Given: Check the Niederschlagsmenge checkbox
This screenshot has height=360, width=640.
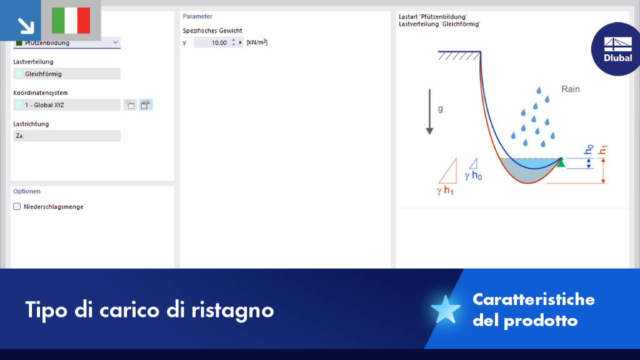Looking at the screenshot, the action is coord(17,206).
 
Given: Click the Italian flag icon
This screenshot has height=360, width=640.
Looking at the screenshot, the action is coord(71,21).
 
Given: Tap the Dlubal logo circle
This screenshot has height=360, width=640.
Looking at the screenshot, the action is coord(616,49).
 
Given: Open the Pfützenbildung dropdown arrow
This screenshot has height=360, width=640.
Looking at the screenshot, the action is coord(116,42).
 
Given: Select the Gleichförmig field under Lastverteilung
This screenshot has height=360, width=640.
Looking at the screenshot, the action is coord(67,74).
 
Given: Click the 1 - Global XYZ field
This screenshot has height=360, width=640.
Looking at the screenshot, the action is coord(67,105).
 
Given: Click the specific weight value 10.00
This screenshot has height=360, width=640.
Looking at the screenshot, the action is coord(219,42).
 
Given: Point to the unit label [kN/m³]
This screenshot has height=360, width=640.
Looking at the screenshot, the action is coord(257,42).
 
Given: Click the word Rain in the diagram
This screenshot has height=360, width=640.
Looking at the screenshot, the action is coord(570,89).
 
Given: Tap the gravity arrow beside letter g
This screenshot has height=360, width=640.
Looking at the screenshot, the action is coord(429,112).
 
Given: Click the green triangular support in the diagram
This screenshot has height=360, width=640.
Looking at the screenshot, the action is coord(561,162).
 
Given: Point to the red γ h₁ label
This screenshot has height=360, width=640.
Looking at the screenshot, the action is coord(445,191).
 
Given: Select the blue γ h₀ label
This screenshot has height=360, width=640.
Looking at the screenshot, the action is coord(473,176).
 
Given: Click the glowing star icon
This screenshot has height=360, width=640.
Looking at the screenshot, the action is coord(445,310).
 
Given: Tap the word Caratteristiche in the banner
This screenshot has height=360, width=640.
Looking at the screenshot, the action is coord(534,299).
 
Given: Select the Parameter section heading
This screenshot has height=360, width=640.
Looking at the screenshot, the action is coord(197,16).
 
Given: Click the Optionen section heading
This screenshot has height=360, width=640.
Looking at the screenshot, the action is coord(27,191).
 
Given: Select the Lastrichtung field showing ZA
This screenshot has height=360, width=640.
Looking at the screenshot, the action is coord(67,136).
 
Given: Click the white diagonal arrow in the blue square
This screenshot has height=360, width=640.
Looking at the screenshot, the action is coord(26,26).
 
